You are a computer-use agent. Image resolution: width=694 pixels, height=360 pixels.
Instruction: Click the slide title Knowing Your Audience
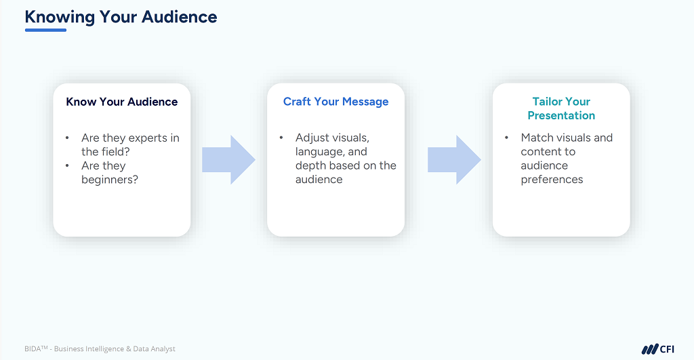click(121, 16)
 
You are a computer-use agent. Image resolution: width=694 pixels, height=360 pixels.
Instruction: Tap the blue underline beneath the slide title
click(45, 30)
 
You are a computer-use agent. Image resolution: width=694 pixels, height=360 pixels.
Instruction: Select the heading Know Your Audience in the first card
click(122, 102)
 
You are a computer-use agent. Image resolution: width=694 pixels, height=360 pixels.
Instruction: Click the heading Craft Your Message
click(335, 102)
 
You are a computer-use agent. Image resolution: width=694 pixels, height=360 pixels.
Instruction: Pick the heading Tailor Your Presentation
click(561, 108)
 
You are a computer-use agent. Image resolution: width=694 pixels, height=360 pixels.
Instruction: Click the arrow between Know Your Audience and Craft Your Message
click(228, 160)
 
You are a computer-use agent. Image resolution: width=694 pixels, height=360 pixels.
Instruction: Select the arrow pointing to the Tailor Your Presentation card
click(453, 160)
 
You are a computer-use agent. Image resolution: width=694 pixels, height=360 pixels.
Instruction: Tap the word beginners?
click(110, 180)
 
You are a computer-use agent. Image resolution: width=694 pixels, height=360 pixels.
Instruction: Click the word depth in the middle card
click(310, 165)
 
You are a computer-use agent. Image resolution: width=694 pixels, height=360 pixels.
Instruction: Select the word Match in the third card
click(536, 138)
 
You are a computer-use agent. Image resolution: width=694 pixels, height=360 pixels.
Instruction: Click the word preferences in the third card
click(552, 180)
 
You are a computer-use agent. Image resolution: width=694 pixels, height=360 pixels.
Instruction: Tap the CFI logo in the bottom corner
click(657, 349)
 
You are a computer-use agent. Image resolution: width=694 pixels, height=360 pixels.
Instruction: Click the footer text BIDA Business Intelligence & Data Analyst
click(100, 349)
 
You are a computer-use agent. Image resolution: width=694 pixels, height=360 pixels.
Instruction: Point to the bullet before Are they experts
click(67, 138)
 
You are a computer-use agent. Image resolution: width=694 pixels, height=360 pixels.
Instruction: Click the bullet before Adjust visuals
click(281, 138)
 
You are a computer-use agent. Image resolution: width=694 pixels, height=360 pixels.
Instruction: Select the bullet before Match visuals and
click(506, 138)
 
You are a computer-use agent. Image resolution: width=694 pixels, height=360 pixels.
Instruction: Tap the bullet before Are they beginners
click(67, 166)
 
